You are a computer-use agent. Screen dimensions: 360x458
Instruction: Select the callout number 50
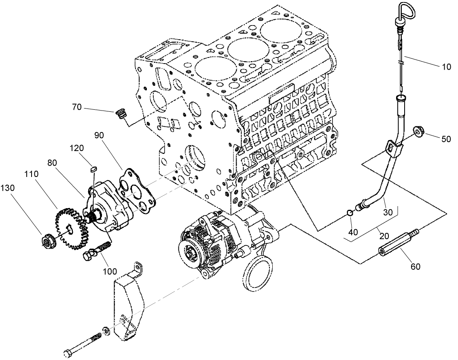(445, 138)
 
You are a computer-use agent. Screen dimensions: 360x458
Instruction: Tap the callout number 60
(415, 266)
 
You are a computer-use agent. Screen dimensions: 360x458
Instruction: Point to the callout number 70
(77, 107)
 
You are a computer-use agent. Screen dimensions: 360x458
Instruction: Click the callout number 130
(8, 188)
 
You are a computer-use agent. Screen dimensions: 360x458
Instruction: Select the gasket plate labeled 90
(138, 191)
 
